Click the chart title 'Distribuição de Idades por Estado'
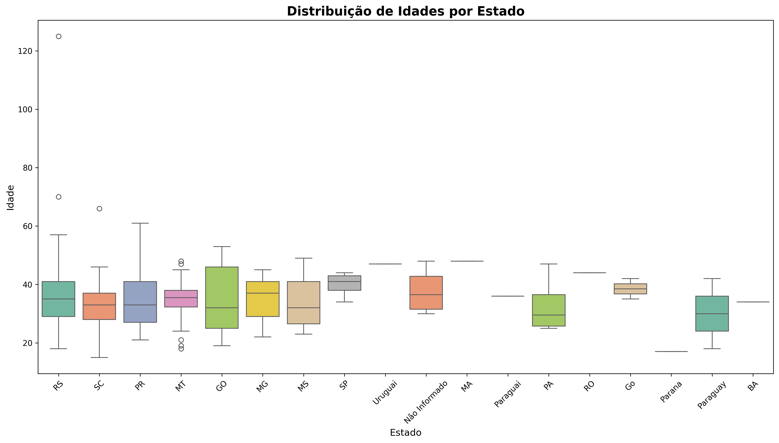coord(405,11)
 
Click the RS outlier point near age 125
coord(59,36)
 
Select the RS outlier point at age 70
coord(59,197)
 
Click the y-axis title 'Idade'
coord(11,198)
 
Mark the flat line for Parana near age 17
coord(671,351)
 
